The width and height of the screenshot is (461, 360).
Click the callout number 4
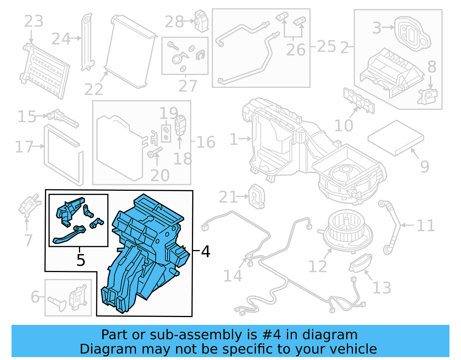click(x=205, y=251)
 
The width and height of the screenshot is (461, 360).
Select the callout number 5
click(x=81, y=260)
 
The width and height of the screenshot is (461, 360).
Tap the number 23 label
click(x=34, y=21)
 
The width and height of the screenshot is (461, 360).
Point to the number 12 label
click(x=318, y=266)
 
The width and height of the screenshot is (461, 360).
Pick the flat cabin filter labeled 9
click(x=396, y=137)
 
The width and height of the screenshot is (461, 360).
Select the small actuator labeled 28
click(x=201, y=21)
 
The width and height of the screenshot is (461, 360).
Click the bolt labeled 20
click(x=154, y=152)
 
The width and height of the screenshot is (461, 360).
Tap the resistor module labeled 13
click(x=360, y=263)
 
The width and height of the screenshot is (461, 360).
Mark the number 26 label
click(x=296, y=50)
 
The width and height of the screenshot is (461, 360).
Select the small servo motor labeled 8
click(x=428, y=96)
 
